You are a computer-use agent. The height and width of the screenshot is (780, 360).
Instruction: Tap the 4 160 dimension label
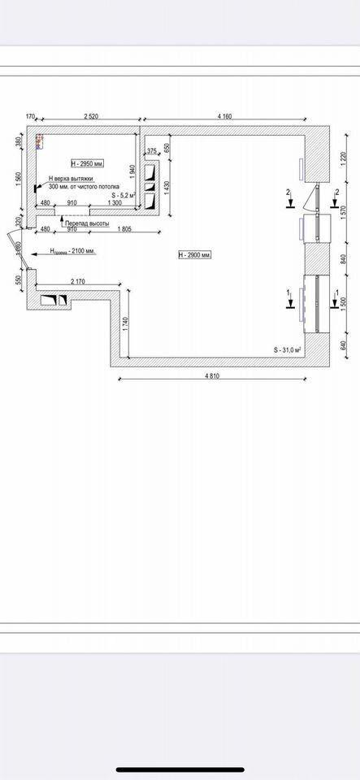[x=224, y=117]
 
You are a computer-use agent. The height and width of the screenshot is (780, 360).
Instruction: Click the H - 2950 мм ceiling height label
[x=88, y=163]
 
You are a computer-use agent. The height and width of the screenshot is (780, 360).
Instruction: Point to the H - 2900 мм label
[x=194, y=255]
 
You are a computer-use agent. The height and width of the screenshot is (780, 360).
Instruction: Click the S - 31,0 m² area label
[x=288, y=349]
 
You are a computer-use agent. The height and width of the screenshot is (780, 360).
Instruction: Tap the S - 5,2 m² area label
[x=124, y=195]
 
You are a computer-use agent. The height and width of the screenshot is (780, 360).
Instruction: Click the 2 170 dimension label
[x=78, y=281]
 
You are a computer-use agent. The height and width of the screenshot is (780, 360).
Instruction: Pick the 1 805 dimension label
[x=124, y=230]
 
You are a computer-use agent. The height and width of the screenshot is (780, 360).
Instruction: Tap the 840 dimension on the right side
[x=344, y=260]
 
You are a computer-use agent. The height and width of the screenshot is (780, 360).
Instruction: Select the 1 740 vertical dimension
[x=124, y=323]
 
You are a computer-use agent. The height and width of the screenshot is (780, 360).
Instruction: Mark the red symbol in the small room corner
[x=37, y=141]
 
